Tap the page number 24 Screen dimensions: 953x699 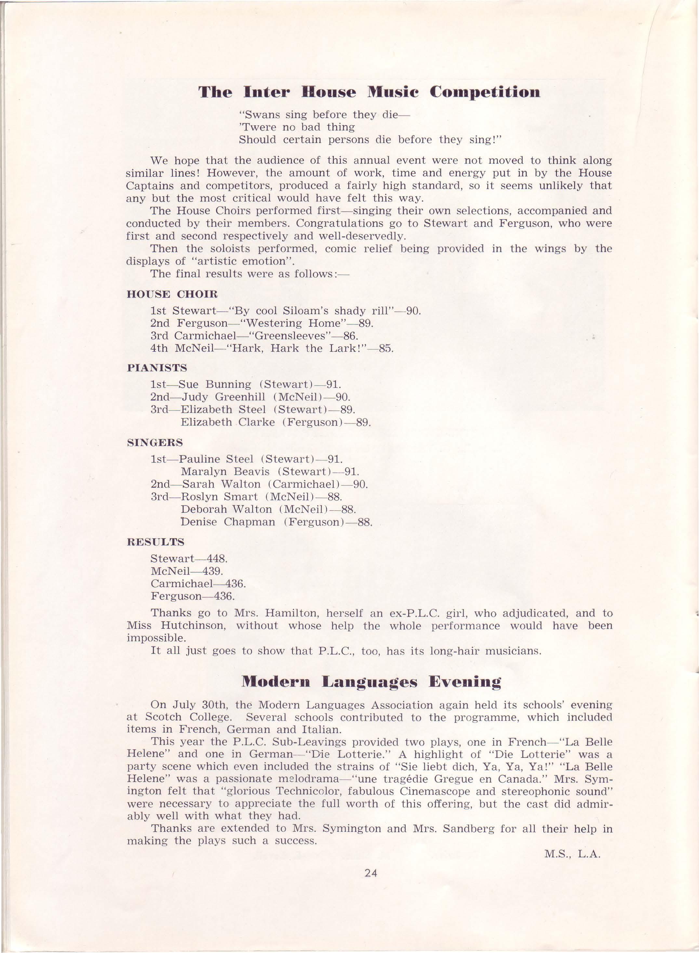pos(371,873)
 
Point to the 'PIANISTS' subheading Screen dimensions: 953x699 pos(157,368)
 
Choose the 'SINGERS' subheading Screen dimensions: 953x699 pos(155,443)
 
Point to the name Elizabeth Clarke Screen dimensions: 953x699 pos(228,422)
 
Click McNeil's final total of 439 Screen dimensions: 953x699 pos(212,571)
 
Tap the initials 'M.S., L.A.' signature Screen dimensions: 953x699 pos(572,854)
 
